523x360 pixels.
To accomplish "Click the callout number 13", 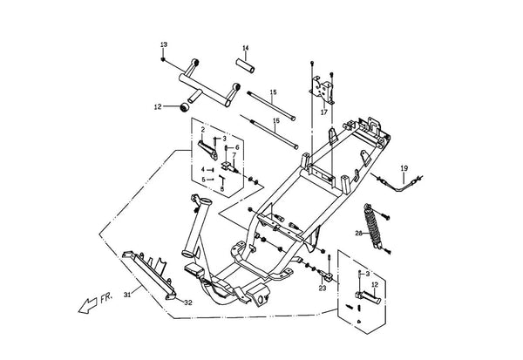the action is click(x=164, y=44).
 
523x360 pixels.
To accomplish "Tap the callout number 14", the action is click(x=246, y=49).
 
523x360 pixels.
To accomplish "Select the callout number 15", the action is click(x=273, y=92).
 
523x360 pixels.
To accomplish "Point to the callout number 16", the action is click(x=275, y=121).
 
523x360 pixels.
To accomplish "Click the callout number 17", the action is click(x=324, y=112).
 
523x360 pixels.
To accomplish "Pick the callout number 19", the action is click(x=404, y=168).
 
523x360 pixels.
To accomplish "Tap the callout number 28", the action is click(x=358, y=234).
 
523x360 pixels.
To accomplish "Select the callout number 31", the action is click(x=127, y=295).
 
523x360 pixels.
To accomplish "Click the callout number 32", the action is click(x=188, y=303).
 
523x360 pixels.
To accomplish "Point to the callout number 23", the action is click(x=323, y=289).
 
